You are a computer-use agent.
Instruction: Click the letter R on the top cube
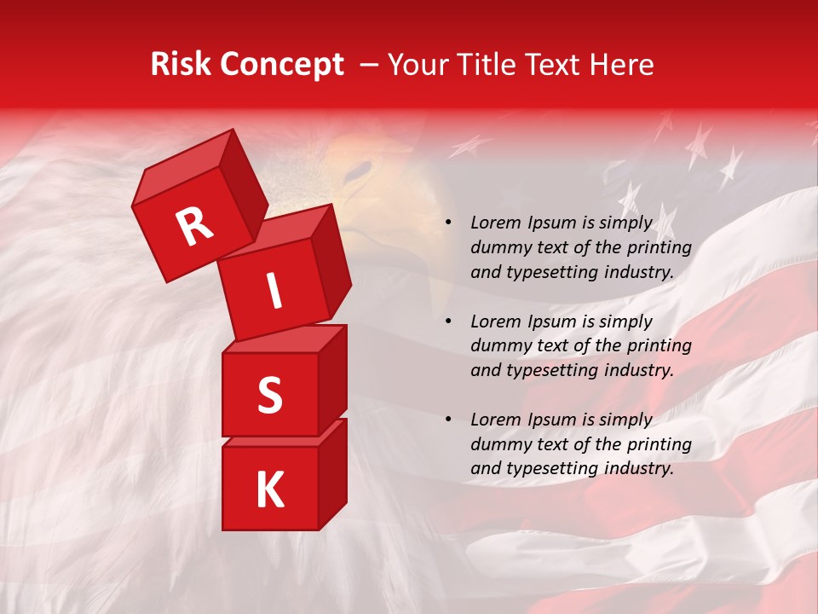tap(194, 227)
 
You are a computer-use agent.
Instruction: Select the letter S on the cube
tap(269, 395)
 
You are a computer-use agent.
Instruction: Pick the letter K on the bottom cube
tap(269, 490)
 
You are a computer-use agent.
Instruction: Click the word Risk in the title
tap(181, 65)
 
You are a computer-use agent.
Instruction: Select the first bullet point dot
tap(448, 223)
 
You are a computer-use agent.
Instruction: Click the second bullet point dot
tap(448, 322)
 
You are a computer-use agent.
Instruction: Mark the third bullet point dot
tap(448, 420)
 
